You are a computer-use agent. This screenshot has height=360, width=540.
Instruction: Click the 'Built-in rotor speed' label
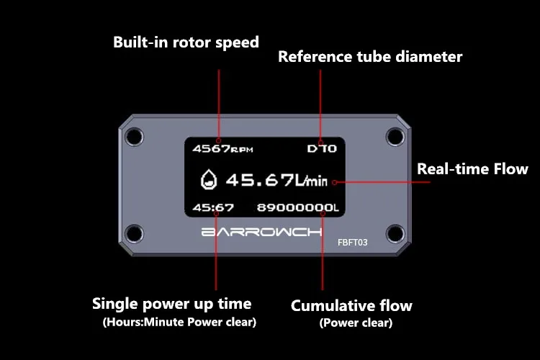point(186,42)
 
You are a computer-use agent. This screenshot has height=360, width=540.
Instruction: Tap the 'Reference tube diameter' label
point(370,57)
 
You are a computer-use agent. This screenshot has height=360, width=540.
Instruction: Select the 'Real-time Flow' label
point(472,168)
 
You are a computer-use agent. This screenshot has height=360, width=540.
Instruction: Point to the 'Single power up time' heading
point(172,304)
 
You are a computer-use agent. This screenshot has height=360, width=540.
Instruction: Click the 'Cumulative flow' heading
point(351,305)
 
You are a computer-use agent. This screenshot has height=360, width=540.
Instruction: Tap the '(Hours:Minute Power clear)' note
point(179,322)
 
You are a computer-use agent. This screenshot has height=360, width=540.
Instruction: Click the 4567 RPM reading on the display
point(222,149)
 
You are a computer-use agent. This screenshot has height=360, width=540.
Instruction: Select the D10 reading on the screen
point(322,148)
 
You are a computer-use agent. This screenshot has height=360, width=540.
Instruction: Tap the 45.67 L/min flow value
point(276,180)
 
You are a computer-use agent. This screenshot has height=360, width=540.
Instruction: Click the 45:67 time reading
point(213,208)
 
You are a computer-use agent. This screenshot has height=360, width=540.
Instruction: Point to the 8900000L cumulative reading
point(298,208)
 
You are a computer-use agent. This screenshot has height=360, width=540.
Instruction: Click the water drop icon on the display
point(209,179)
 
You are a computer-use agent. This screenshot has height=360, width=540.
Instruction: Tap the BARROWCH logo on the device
point(262,232)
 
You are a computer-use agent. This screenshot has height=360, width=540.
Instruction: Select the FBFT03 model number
point(352,243)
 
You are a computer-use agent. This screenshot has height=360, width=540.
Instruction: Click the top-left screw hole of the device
point(135,137)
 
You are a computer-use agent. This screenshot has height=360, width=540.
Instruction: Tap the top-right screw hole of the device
point(395,137)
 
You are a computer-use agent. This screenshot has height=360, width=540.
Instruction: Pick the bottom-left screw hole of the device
point(135,233)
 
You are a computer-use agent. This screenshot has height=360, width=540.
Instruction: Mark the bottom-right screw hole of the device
point(395,233)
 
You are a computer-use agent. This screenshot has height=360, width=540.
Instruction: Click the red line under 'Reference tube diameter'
point(320,105)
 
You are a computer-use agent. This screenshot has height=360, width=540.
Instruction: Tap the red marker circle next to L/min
point(334,183)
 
